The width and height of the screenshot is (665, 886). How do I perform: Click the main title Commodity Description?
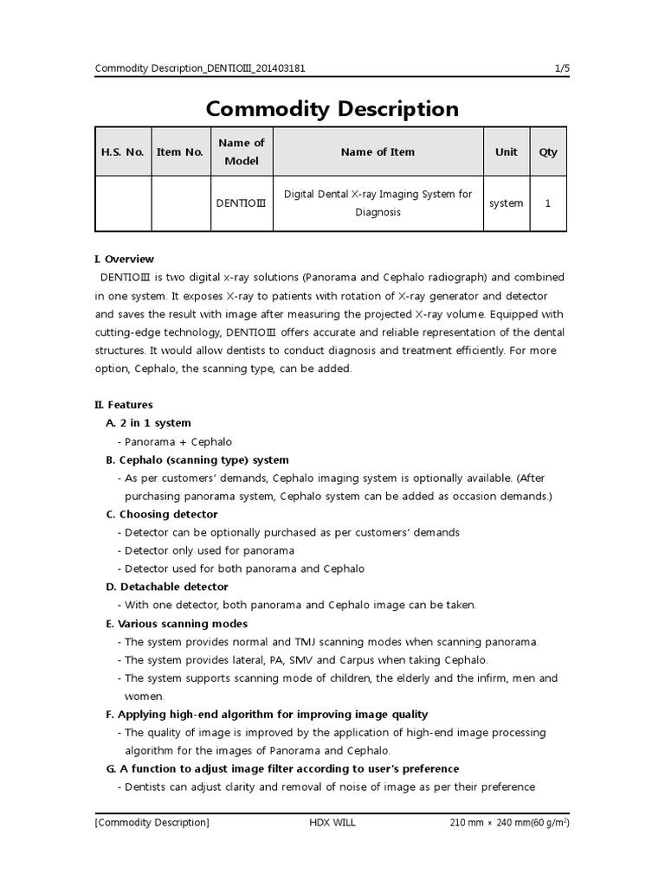click(332, 109)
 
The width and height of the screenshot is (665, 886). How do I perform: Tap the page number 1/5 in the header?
click(561, 68)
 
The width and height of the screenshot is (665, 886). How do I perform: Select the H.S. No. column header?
click(123, 152)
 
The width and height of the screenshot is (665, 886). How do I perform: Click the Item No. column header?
click(180, 152)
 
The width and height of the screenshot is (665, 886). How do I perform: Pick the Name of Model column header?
click(242, 152)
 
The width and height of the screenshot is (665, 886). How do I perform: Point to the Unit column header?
click(507, 152)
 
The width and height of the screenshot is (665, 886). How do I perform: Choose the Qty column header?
click(548, 152)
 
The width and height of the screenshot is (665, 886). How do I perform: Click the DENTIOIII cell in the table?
click(242, 203)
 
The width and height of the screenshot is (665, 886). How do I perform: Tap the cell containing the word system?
click(507, 203)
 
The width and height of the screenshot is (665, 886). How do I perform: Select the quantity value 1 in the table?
click(548, 203)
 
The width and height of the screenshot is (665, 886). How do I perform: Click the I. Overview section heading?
click(125, 259)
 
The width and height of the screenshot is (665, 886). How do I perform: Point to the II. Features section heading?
click(124, 404)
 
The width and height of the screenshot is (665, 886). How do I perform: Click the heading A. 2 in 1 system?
click(148, 423)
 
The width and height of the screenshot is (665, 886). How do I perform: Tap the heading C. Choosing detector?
click(162, 514)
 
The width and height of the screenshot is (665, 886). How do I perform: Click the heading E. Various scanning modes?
click(177, 623)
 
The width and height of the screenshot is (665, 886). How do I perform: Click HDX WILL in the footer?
click(332, 822)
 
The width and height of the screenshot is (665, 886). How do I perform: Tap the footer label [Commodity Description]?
click(152, 822)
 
